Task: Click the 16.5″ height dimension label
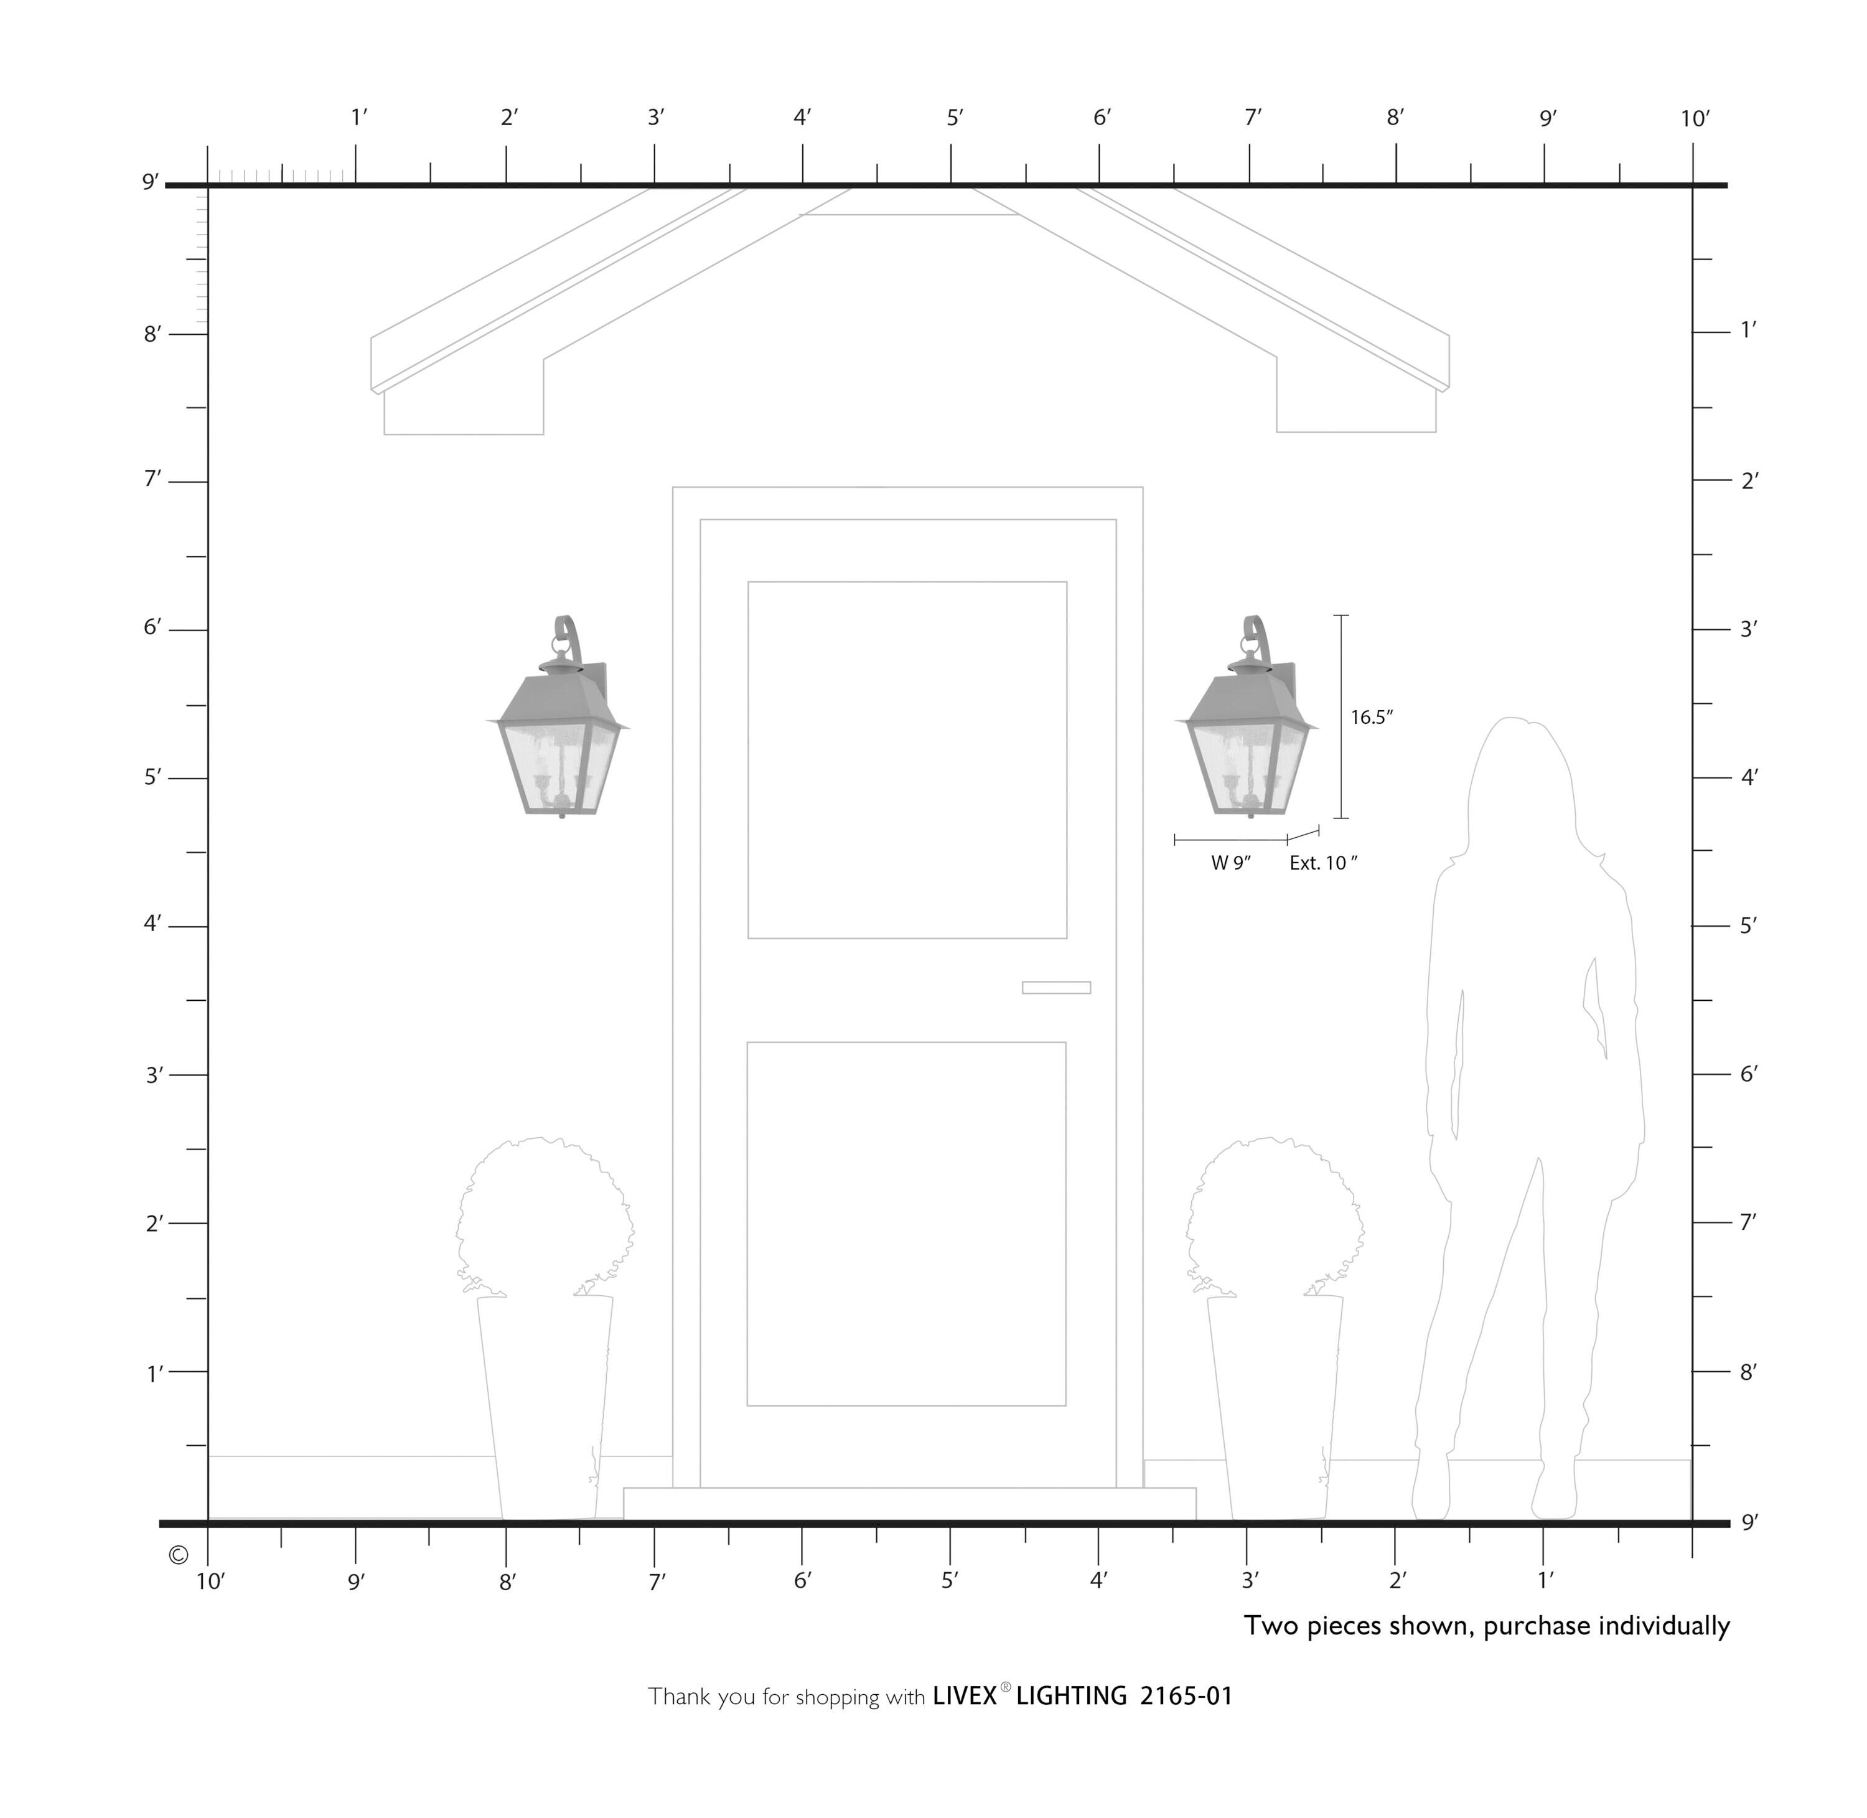click(x=1372, y=717)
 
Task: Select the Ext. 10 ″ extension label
click(x=1323, y=863)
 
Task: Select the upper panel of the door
click(x=907, y=760)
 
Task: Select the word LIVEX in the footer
click(x=964, y=1696)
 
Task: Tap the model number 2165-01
click(x=1186, y=1696)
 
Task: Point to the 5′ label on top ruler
click(x=955, y=118)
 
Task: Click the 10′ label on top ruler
click(x=1694, y=119)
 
